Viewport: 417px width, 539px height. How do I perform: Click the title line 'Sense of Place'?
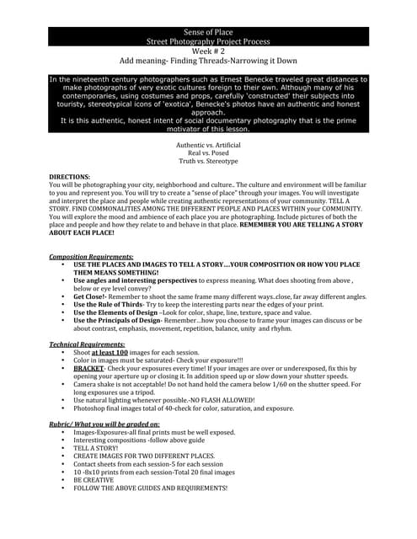(207, 32)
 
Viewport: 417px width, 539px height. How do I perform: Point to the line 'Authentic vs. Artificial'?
(207, 145)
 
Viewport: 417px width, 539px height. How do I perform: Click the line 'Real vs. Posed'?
(207, 152)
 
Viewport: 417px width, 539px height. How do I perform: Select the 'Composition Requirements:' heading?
(90, 255)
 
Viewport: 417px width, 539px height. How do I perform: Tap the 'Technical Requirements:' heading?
(88, 344)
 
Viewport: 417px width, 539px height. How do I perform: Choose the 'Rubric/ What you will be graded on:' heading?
(104, 424)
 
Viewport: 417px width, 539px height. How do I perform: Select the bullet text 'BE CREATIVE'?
(96, 480)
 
